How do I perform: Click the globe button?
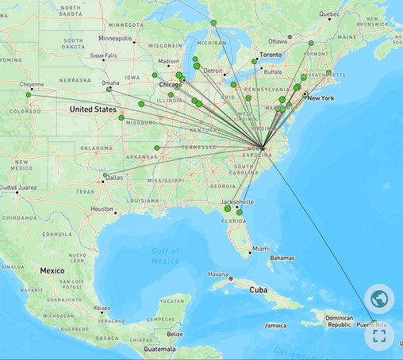tap(379, 299)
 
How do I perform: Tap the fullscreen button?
tap(379, 335)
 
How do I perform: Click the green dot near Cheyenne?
tap(29, 94)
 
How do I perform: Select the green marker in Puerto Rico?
tap(374, 321)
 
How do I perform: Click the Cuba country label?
tap(259, 290)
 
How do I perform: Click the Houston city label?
tap(102, 209)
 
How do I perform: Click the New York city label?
tap(321, 98)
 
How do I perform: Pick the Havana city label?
tap(218, 274)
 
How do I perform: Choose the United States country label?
tap(93, 109)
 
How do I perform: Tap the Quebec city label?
tap(329, 14)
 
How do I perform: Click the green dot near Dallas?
tap(106, 174)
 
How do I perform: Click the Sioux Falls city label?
tap(103, 56)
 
